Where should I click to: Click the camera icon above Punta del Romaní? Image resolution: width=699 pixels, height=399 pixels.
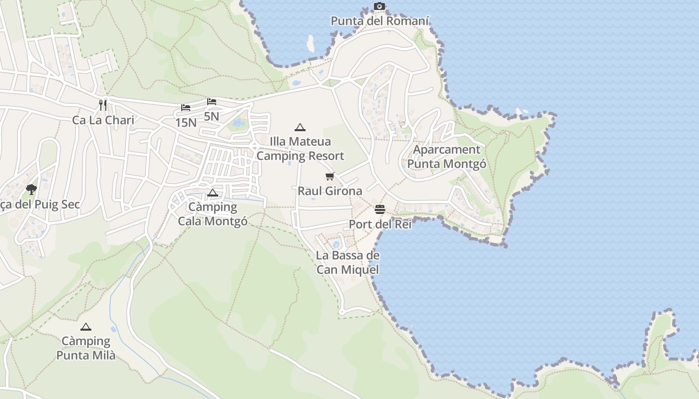[379, 6]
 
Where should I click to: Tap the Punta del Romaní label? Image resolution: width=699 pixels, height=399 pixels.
[380, 21]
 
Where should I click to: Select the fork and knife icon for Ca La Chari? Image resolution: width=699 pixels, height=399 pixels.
[103, 105]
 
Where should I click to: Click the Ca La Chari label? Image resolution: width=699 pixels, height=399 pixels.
[103, 120]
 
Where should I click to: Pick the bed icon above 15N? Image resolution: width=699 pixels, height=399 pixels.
[186, 108]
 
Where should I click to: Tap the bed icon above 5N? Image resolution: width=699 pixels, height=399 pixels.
[212, 102]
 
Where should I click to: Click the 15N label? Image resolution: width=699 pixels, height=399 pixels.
[186, 122]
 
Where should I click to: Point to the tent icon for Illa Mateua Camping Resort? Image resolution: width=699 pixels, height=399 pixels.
[300, 127]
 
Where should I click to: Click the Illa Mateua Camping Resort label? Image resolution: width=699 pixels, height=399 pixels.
[300, 149]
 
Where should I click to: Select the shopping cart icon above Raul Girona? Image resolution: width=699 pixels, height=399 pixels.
[330, 176]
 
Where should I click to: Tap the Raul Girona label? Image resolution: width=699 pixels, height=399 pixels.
[330, 191]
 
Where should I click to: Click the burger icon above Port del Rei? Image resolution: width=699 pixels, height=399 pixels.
[380, 209]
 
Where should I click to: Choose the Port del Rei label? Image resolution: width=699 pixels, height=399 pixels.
[380, 224]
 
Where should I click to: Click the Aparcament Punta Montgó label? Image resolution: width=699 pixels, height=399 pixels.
[447, 157]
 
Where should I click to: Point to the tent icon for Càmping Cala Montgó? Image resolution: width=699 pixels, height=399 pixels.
[213, 193]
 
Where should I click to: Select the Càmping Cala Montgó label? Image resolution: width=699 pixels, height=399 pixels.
[213, 214]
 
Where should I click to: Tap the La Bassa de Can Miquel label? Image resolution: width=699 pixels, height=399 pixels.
[348, 263]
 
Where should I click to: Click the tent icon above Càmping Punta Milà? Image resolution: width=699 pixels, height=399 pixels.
[86, 327]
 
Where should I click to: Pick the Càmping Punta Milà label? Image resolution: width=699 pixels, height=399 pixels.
[86, 349]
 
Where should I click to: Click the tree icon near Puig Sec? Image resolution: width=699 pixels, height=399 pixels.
[31, 189]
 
